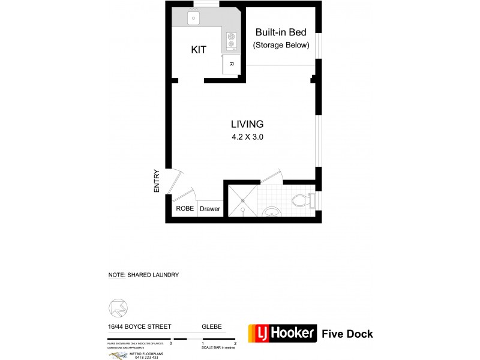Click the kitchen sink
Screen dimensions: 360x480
click(x=194, y=19)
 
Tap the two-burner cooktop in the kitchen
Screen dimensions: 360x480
click(x=231, y=41)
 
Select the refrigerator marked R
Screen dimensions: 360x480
click(x=231, y=63)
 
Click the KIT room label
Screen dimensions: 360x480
click(x=199, y=50)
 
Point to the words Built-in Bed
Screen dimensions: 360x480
click(x=281, y=32)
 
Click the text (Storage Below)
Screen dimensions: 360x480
click(x=281, y=45)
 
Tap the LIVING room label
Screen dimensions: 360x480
click(x=247, y=124)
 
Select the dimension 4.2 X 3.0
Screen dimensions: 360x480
click(x=247, y=137)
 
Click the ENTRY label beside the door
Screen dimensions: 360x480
click(x=157, y=180)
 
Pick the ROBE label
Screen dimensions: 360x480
click(x=184, y=209)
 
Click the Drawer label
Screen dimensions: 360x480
click(x=209, y=209)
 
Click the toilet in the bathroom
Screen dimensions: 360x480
click(x=301, y=199)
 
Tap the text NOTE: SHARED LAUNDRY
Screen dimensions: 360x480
click(x=143, y=275)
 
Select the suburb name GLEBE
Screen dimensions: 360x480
click(x=211, y=327)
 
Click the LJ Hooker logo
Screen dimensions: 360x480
click(x=282, y=333)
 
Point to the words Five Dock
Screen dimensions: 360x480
click(x=347, y=334)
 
